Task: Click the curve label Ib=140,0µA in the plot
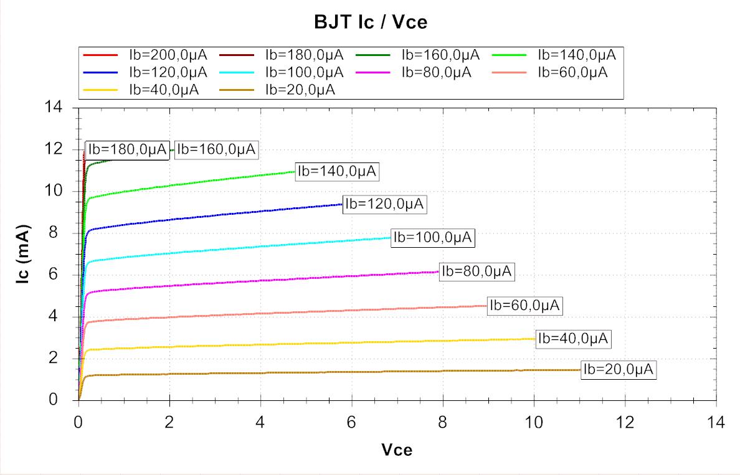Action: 337,171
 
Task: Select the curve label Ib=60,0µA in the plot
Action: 524,305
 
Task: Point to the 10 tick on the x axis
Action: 534,423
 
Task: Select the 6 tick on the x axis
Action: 351,423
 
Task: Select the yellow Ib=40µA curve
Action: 311,344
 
